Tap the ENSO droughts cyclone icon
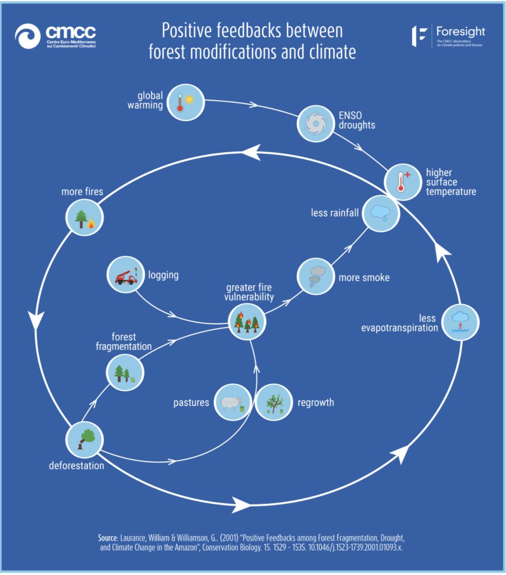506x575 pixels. click(x=315, y=124)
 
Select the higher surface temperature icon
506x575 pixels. click(x=402, y=182)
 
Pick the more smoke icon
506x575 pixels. click(x=315, y=277)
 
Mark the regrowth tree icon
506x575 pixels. click(x=273, y=403)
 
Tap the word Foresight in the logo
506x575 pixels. click(x=460, y=32)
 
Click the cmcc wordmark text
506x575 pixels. click(x=71, y=33)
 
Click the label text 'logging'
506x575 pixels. click(x=163, y=275)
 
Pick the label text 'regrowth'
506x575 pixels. click(x=316, y=402)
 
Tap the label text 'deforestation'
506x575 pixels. click(x=77, y=465)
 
